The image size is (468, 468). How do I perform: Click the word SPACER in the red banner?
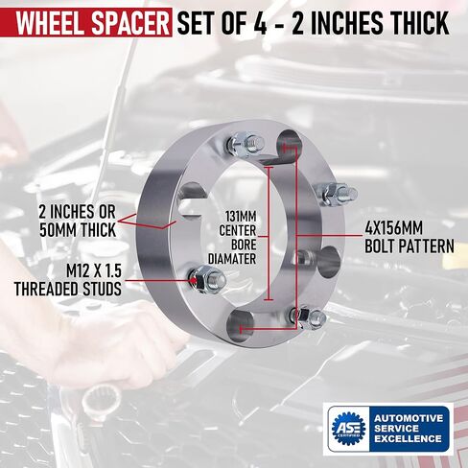[130, 23]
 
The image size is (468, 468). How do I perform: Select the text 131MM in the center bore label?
[242, 217]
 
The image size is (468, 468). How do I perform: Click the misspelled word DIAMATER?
[232, 259]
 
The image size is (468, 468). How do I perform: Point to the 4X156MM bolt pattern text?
[394, 228]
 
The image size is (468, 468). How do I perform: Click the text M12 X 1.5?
[94, 271]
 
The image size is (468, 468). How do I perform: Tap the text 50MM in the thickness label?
[58, 230]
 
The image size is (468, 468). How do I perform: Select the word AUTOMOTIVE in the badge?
[409, 418]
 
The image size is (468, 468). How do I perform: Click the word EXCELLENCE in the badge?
[408, 438]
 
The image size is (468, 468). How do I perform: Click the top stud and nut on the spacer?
[246, 144]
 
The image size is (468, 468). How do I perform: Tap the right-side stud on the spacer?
[339, 194]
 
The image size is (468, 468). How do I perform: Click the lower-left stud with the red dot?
[207, 279]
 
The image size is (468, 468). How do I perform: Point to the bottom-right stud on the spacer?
[308, 317]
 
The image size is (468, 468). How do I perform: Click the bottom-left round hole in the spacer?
[240, 327]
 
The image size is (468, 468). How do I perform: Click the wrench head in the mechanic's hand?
[101, 400]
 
